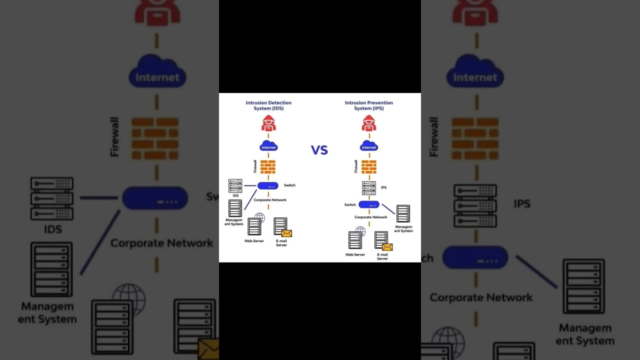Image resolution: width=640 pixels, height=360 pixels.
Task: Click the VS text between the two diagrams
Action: [319, 150]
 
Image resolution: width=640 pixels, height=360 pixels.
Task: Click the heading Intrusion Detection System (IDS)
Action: [268, 105]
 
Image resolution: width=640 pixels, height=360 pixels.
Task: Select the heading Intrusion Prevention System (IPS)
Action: [368, 105]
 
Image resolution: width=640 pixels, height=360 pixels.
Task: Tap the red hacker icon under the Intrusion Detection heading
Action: [268, 123]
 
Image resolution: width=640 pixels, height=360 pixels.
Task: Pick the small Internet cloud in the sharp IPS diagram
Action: [369, 146]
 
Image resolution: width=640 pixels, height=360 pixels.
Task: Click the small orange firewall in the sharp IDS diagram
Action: [268, 166]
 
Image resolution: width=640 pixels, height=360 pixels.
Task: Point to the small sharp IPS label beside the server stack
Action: [383, 187]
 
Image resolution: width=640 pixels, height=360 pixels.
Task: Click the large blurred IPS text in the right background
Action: [521, 203]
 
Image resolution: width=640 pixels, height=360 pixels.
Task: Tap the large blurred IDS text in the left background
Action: [52, 229]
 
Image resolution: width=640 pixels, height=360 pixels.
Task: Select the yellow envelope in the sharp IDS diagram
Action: [286, 233]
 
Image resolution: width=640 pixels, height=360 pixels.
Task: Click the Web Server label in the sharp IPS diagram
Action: [355, 254]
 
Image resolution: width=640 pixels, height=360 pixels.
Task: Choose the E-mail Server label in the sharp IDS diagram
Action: [281, 243]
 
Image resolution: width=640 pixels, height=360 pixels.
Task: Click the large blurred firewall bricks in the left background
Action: [155, 138]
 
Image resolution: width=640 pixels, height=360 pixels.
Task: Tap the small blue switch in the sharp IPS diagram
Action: [369, 204]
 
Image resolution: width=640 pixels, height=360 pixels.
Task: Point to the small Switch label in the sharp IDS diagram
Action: [289, 185]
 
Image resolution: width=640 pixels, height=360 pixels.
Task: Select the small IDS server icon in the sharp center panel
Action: [235, 185]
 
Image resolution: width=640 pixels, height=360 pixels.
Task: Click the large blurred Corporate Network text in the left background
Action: [161, 243]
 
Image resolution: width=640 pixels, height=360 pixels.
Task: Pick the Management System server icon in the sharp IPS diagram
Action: [403, 213]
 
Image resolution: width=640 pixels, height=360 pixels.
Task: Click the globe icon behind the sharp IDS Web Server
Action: [259, 217]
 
